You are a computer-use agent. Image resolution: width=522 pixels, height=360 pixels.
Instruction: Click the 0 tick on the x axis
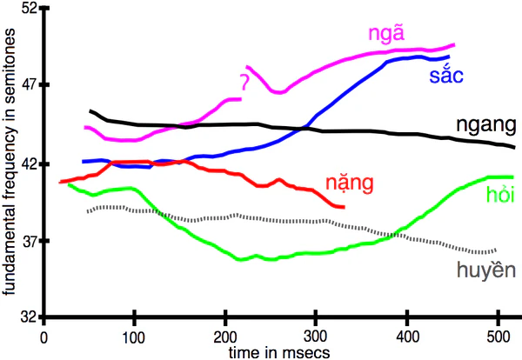click(x=43, y=337)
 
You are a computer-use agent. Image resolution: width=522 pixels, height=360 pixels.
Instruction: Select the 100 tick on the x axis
click(x=134, y=337)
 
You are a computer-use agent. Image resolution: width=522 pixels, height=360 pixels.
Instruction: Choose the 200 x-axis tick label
click(x=224, y=337)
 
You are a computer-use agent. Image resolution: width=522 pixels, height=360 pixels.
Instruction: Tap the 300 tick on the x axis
click(x=315, y=337)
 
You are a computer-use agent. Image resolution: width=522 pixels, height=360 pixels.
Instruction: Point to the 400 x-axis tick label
click(x=405, y=337)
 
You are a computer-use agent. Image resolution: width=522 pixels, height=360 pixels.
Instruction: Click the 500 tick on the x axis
click(x=496, y=337)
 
